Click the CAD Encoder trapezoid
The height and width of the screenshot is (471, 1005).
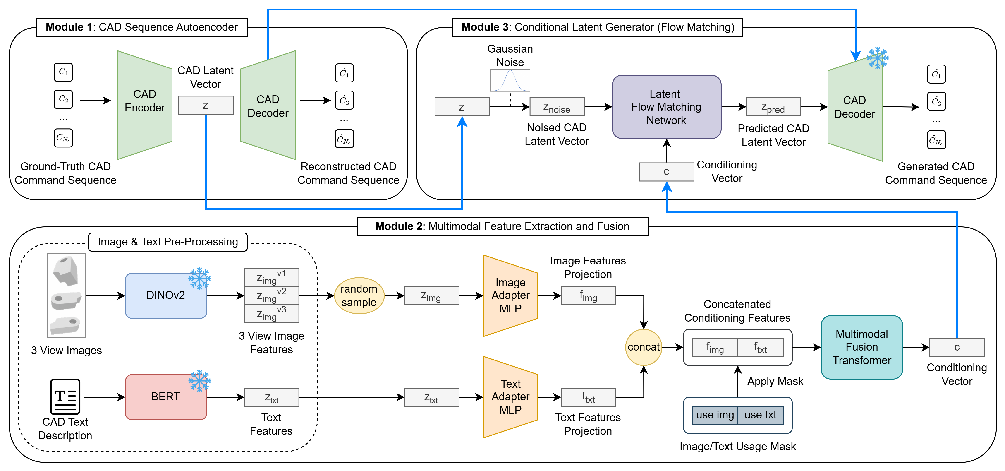point(145,105)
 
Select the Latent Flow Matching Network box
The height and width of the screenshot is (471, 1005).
point(666,107)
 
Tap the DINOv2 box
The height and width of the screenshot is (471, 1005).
point(166,296)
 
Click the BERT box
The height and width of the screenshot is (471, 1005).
point(166,397)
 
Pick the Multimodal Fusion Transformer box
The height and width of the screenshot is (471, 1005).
point(861,347)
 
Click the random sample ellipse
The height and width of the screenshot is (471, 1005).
point(359,296)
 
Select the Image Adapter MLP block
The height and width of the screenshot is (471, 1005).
point(510,296)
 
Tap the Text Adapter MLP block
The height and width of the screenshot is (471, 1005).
point(510,397)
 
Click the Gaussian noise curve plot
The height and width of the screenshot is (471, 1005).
point(510,80)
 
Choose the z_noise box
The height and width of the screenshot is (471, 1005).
point(557,107)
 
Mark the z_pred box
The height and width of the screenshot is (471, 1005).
point(773,107)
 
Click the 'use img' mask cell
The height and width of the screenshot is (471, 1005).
point(715,415)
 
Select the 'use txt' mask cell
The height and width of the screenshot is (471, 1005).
point(760,415)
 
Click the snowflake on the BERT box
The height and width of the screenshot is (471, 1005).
point(199,380)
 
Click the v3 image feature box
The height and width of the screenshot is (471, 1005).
point(272,314)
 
